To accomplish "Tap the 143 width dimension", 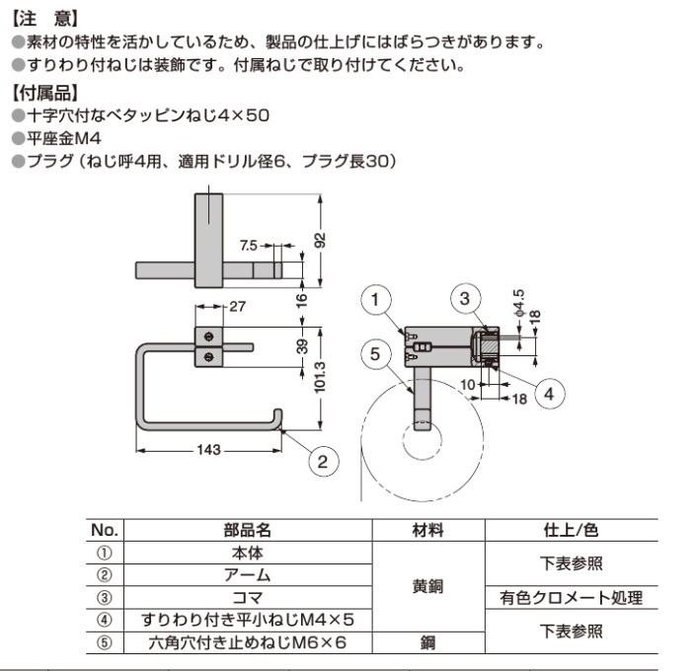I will click(x=207, y=450).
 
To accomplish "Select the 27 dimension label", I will click(x=237, y=306).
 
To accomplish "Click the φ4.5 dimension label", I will click(x=518, y=302).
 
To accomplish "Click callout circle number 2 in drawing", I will click(x=323, y=461).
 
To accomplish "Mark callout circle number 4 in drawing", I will click(x=551, y=392).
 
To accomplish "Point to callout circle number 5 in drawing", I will click(x=375, y=351).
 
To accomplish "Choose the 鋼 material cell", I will click(x=427, y=642).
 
